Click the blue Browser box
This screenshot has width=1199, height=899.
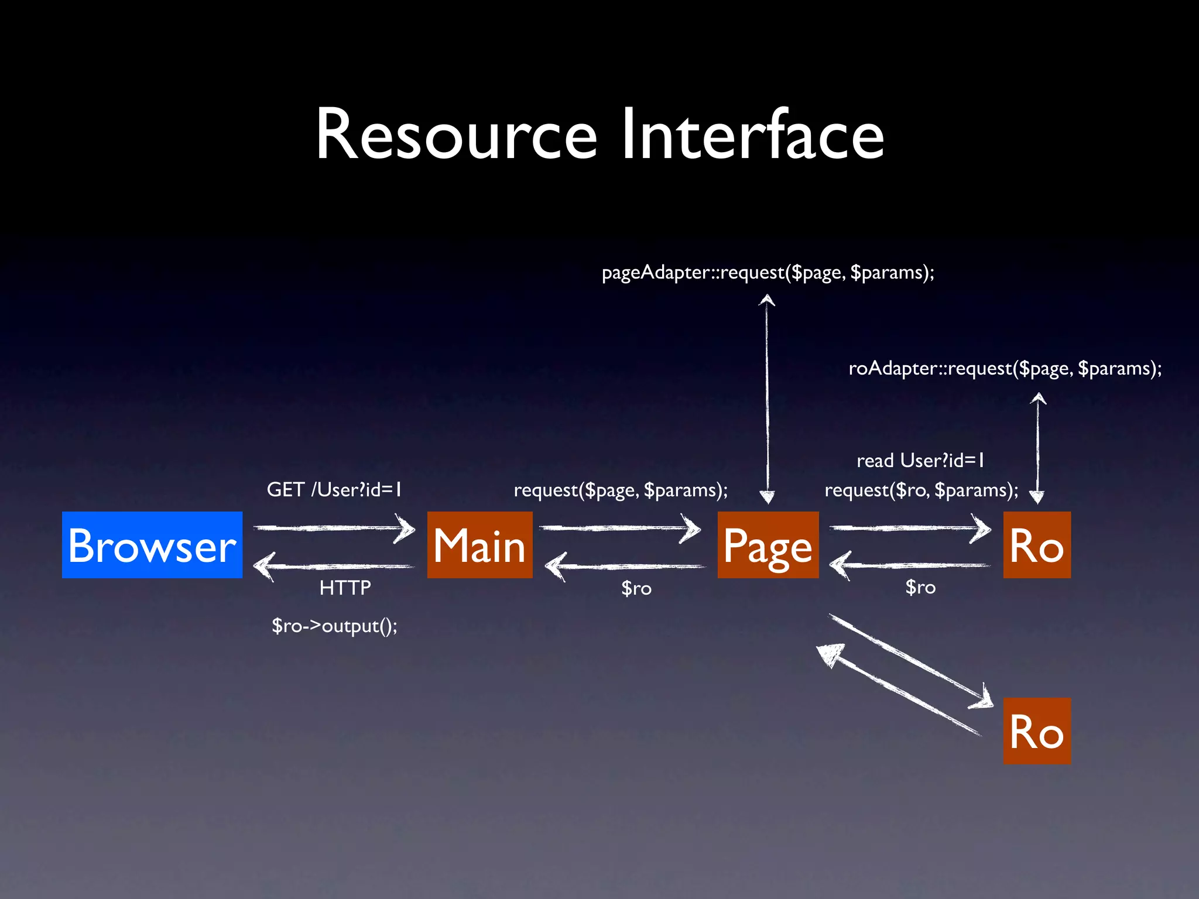click(x=152, y=545)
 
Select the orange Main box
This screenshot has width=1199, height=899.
click(x=479, y=545)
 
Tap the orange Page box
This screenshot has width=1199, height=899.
click(x=768, y=545)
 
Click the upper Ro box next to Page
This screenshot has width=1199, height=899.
click(x=1036, y=545)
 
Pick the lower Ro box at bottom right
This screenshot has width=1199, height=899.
click(x=1036, y=730)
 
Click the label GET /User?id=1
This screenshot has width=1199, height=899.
click(x=334, y=489)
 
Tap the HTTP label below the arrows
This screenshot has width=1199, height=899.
click(x=345, y=588)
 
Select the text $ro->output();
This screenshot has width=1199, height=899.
click(x=334, y=626)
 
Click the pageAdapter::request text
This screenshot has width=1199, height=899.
click(x=768, y=273)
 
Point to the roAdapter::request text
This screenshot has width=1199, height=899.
click(x=1005, y=369)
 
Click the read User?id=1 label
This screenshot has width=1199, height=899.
click(x=920, y=461)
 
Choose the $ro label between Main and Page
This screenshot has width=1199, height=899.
click(x=636, y=588)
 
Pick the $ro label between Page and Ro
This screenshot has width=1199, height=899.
click(x=920, y=587)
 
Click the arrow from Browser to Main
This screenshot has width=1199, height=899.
click(x=334, y=528)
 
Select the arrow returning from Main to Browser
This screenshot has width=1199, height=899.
click(x=334, y=567)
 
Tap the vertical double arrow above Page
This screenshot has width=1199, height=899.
click(x=767, y=398)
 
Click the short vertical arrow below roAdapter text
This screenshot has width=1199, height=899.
click(x=1037, y=448)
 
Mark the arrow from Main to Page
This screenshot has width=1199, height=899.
click(x=619, y=528)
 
